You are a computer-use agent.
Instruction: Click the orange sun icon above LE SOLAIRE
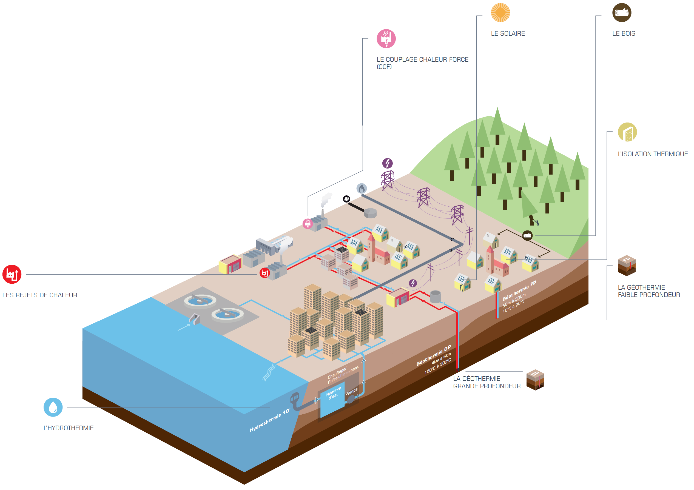[x=500, y=12]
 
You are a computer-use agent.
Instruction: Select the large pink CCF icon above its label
[x=386, y=39]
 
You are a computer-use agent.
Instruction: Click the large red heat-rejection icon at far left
[x=12, y=274]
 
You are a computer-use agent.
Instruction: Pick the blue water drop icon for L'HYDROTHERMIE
[x=53, y=407]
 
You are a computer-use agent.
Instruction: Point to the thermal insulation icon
[x=627, y=132]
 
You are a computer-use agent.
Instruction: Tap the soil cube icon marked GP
[x=535, y=380]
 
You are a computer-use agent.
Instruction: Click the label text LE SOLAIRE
[x=508, y=33]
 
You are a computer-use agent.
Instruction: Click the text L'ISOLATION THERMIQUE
[x=653, y=154]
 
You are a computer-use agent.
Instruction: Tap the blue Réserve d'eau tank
[x=332, y=399]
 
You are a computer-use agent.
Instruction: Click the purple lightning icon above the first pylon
[x=387, y=163]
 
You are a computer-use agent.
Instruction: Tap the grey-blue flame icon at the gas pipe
[x=362, y=188]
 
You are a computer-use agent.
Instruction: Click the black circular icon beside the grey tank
[x=346, y=199]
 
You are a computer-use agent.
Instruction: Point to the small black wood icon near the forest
[x=527, y=235]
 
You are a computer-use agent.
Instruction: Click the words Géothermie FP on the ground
[x=519, y=291]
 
